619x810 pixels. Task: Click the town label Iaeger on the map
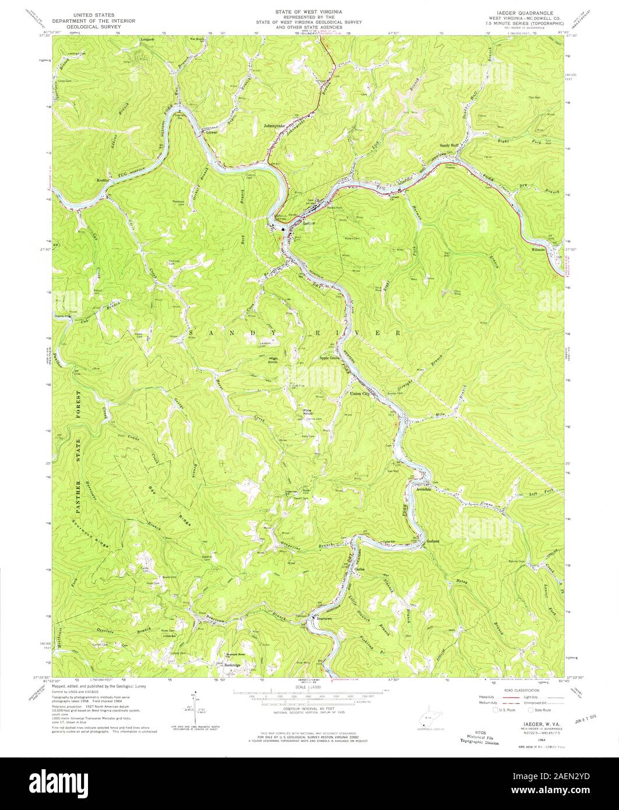click(309, 223)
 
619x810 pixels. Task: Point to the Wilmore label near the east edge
click(537, 249)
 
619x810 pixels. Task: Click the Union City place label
click(360, 395)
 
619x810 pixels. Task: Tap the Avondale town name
click(428, 489)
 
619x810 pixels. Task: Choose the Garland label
click(433, 541)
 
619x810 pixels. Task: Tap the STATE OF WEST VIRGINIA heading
click(309, 11)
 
